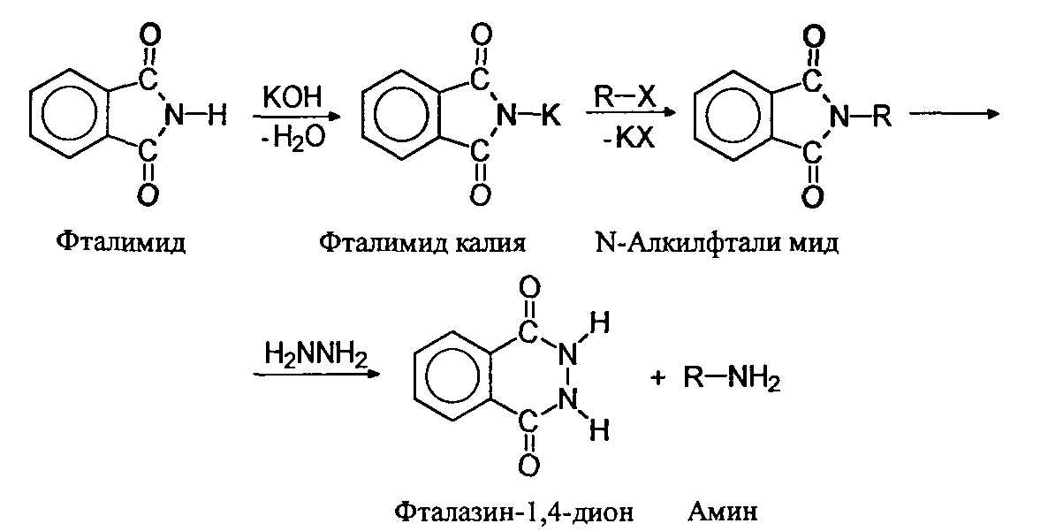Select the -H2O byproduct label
click(x=286, y=140)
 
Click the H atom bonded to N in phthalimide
click(x=216, y=115)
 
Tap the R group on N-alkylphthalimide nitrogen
click(x=881, y=115)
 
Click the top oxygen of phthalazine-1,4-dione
click(x=528, y=289)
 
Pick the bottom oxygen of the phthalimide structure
click(x=148, y=193)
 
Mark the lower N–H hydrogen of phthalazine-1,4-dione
click(x=598, y=432)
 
